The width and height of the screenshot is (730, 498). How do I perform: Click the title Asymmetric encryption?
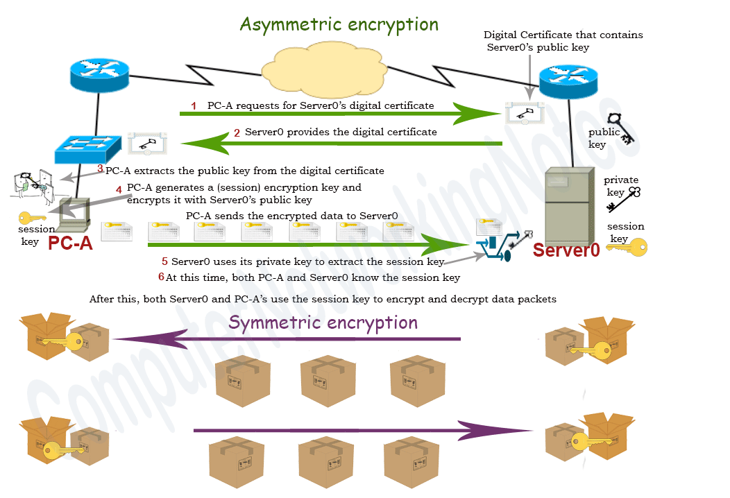[339, 24]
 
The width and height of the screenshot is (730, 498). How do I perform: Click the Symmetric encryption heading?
[323, 323]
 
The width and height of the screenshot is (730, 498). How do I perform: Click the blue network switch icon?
[89, 146]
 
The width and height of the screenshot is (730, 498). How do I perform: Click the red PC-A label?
[69, 243]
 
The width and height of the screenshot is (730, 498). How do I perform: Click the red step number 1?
[194, 106]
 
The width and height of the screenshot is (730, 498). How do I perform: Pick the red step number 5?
[164, 262]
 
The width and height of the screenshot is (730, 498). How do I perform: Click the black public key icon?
[620, 128]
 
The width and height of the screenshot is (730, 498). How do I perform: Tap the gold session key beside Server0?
[627, 246]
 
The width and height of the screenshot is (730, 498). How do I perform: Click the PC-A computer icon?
[73, 214]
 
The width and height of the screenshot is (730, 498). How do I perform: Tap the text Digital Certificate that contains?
[563, 35]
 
